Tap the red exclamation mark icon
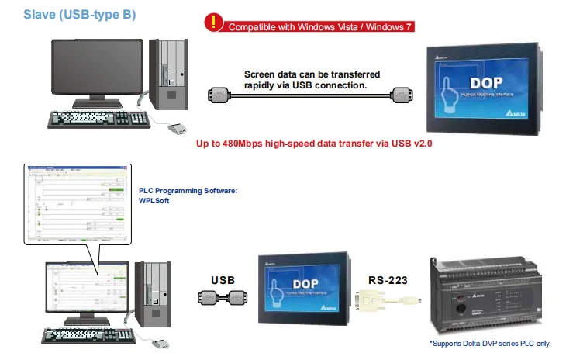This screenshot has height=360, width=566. point(212,22)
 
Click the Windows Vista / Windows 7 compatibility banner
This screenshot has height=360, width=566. point(319,26)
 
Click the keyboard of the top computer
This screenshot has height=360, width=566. point(96,119)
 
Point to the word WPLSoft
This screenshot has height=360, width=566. point(154,201)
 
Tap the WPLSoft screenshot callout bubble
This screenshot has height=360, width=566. point(74,205)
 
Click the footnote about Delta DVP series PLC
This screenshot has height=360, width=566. point(489,343)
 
